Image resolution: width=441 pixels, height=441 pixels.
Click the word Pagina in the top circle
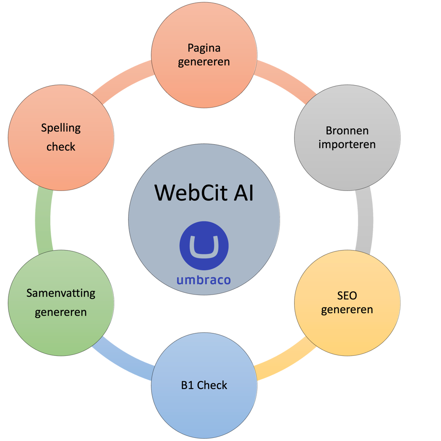coord(204,48)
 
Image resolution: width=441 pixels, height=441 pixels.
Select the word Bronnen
coord(347,131)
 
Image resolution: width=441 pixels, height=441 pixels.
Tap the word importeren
coord(347,144)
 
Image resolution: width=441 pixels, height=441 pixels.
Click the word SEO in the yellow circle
coord(347,295)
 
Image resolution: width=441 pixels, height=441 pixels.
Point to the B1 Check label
coord(204,385)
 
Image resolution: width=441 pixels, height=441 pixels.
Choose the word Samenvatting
coord(61,293)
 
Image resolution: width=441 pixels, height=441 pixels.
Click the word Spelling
coord(61,128)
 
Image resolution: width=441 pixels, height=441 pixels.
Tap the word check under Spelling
coord(61,146)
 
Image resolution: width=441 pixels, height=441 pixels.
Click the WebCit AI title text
coord(204,193)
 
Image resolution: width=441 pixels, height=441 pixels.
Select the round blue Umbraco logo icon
coord(204,246)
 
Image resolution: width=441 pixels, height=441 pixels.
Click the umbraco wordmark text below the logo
coord(204,280)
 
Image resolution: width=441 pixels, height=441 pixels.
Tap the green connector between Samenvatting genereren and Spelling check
coord(44,220)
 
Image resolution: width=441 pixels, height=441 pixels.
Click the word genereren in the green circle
coord(61,312)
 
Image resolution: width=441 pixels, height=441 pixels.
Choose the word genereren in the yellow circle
coord(347,309)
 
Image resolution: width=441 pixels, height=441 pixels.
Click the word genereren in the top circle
coord(204,61)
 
